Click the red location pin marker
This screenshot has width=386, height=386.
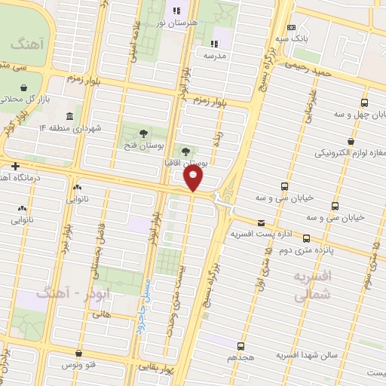click(x=194, y=179)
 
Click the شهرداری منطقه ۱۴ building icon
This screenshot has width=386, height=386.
click(x=69, y=115)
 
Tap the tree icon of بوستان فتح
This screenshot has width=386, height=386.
click(x=143, y=133)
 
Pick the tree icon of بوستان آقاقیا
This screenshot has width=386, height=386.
click(x=186, y=151)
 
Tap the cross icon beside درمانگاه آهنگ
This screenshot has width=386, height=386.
click(x=14, y=165)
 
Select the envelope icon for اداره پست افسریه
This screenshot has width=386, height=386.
click(x=261, y=222)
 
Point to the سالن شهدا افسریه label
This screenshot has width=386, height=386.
click(x=306, y=354)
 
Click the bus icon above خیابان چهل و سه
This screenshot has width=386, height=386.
click(x=365, y=103)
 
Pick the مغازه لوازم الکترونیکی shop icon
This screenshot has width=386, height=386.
click(x=351, y=141)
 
